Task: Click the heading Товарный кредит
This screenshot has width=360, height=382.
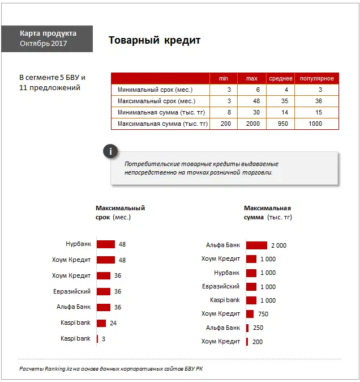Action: (154, 41)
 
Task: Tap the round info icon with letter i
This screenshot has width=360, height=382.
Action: (111, 151)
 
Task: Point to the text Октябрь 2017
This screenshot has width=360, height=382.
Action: (43, 44)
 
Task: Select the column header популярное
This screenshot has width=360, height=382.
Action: (316, 78)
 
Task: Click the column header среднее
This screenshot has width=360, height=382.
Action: (280, 78)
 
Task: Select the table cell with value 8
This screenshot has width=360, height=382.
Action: (229, 112)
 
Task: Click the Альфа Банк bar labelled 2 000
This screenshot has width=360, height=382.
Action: (256, 245)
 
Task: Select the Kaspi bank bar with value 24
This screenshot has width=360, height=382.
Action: (101, 323)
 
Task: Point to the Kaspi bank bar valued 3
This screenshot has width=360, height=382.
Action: (97, 339)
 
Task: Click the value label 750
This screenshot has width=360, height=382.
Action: (263, 314)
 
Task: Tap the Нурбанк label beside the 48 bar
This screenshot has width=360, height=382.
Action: (78, 244)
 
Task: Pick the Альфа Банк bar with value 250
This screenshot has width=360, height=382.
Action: (247, 328)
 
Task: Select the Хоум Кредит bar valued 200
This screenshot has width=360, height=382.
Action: (247, 341)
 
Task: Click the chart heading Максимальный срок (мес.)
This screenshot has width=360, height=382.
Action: (120, 213)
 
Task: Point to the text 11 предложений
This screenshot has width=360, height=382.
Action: (50, 88)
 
